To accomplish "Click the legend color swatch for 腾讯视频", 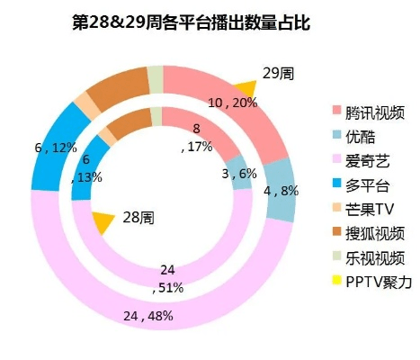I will coord(337,111).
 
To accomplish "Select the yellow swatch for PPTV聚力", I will coord(337,283).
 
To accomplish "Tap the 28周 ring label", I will coord(138,218).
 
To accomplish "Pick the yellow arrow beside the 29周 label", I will coord(244,87).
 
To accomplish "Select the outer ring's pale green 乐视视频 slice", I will coord(155,79).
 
